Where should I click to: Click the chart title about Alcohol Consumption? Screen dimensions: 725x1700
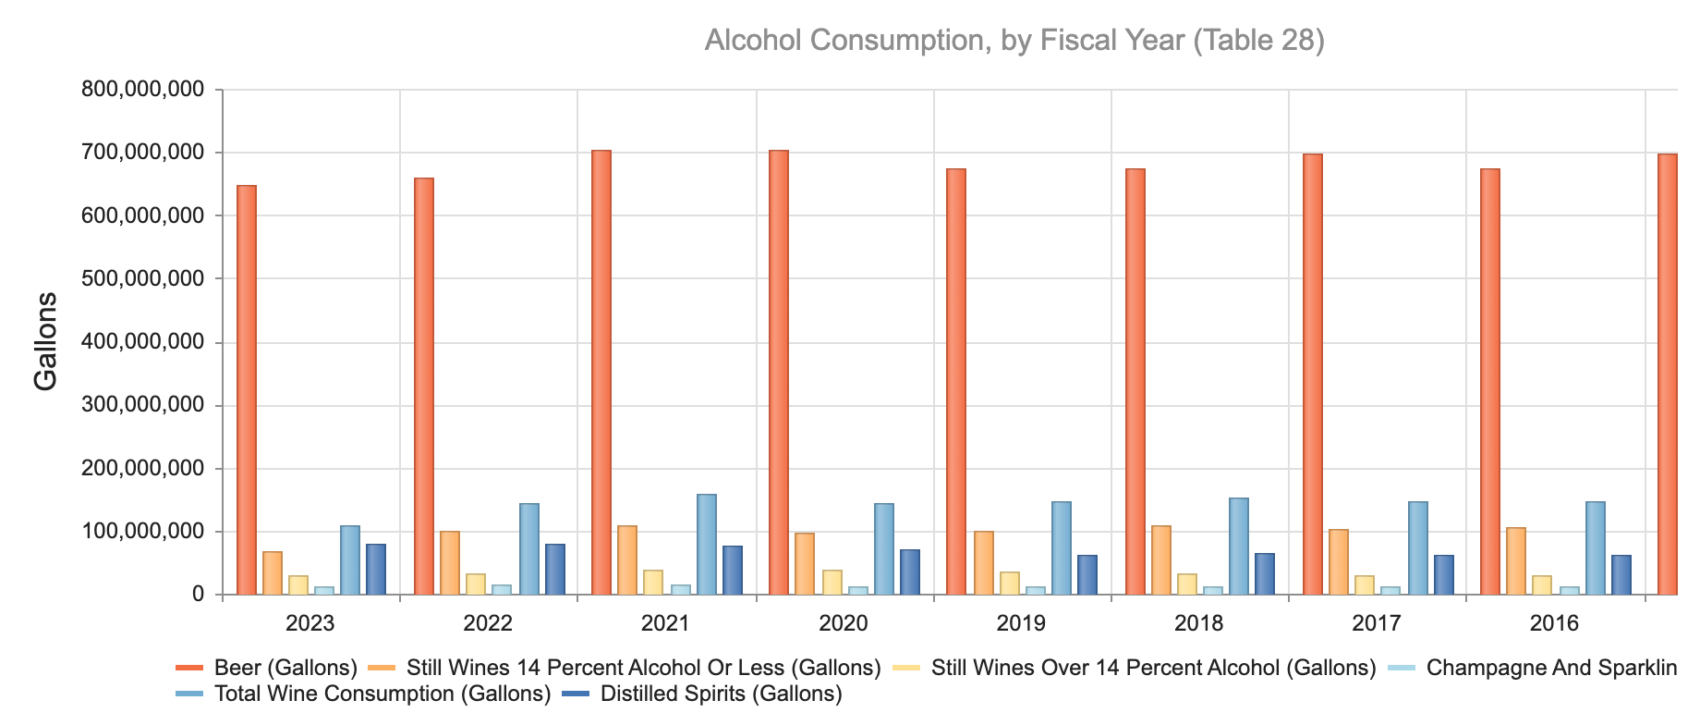click(1014, 41)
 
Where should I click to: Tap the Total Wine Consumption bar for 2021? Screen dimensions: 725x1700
click(707, 545)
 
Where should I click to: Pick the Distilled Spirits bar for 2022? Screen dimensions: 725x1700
click(555, 570)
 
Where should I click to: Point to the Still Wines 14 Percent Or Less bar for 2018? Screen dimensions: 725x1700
click(1161, 560)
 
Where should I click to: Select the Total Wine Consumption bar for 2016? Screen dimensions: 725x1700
click(1596, 548)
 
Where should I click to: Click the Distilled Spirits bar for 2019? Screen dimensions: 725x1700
click(1087, 575)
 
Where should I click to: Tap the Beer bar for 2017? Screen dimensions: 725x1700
click(1313, 375)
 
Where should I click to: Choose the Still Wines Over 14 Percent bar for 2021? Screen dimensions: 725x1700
click(653, 583)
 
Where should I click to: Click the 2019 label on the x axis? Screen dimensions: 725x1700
click(1021, 623)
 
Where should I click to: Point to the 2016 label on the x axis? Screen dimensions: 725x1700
click(1554, 623)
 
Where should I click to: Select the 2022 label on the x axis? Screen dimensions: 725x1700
click(488, 623)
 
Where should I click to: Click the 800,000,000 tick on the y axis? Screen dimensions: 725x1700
click(142, 90)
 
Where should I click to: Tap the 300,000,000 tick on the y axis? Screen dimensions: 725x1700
click(142, 405)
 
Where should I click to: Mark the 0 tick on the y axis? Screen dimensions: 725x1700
click(198, 595)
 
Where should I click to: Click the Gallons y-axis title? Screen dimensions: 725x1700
click(45, 341)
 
